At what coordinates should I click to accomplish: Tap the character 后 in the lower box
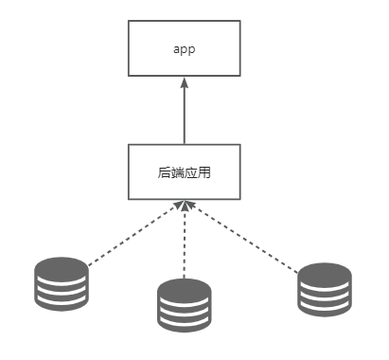click(x=165, y=173)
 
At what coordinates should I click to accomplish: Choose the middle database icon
click(x=184, y=304)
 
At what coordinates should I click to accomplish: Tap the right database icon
click(x=325, y=289)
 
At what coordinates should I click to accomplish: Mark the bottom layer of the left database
click(x=61, y=299)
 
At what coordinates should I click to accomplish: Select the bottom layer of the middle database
click(x=184, y=323)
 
